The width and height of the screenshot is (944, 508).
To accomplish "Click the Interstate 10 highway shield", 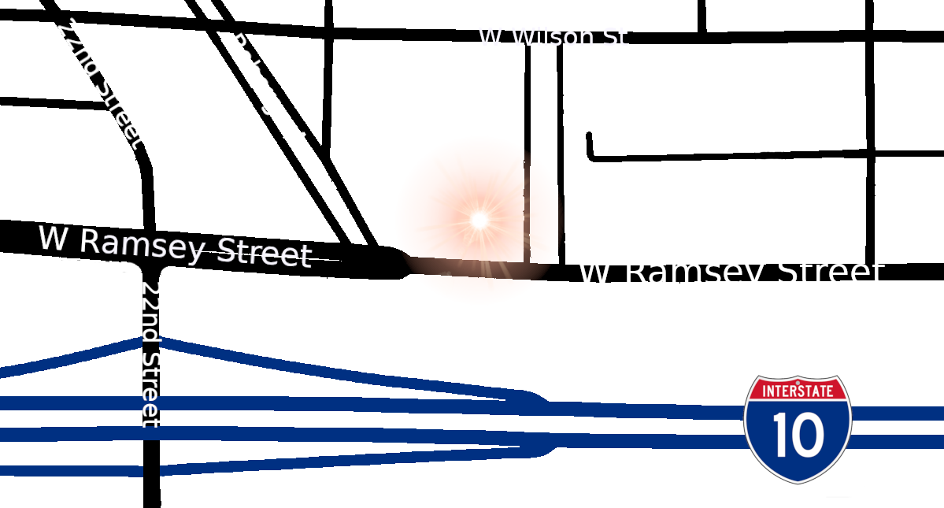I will click(798, 428).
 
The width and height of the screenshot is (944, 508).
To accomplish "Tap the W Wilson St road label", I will click(552, 36).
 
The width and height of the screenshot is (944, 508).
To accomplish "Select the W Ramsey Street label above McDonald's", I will click(175, 245).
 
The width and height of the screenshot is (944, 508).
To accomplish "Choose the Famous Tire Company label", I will click(307, 184).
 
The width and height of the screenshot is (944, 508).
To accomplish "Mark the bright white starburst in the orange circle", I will click(479, 220).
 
